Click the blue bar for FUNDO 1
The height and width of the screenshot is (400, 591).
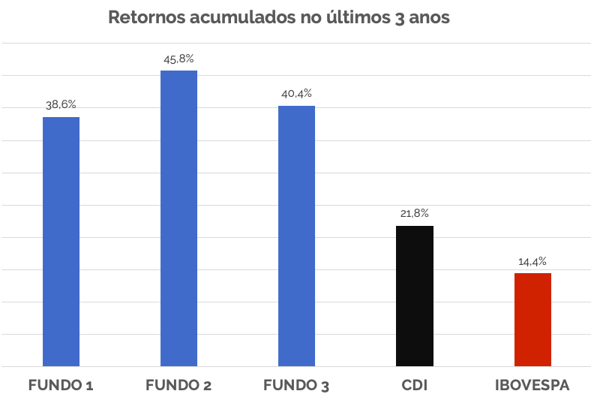(x=61, y=241)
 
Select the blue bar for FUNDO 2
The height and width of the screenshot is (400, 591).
(x=178, y=218)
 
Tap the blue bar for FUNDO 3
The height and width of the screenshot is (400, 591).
(x=296, y=236)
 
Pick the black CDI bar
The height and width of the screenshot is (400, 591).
(x=415, y=296)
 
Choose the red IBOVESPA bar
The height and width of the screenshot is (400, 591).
(x=532, y=319)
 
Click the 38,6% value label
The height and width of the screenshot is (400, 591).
(x=61, y=105)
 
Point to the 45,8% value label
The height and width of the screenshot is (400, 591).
(x=178, y=59)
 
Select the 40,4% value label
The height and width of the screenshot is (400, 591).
(x=296, y=94)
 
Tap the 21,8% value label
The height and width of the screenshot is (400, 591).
(x=415, y=214)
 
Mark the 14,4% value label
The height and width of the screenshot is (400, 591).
(x=532, y=262)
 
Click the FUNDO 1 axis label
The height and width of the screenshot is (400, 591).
(x=61, y=386)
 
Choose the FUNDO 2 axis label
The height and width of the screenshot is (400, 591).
(x=178, y=386)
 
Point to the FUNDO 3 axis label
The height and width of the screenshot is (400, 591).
(x=296, y=386)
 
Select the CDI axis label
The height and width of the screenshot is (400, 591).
(x=415, y=386)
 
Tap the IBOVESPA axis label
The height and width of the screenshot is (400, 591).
(x=532, y=386)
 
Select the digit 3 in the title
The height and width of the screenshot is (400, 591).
(x=397, y=18)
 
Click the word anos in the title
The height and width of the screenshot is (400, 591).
(x=429, y=17)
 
